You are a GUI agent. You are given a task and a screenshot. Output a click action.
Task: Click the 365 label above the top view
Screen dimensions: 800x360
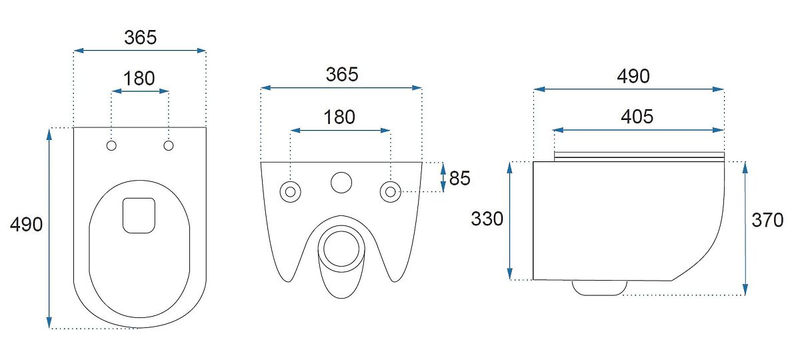click(x=141, y=37)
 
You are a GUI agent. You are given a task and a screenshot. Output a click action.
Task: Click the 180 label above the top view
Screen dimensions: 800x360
click(x=139, y=79)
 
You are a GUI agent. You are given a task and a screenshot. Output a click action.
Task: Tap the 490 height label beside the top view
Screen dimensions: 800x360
click(x=27, y=225)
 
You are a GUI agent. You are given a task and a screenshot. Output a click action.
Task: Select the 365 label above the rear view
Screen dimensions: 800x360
click(x=342, y=75)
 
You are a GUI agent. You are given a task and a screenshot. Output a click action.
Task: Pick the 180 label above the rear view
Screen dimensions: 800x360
click(x=339, y=117)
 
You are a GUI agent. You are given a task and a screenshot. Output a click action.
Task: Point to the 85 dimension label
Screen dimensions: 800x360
click(x=459, y=178)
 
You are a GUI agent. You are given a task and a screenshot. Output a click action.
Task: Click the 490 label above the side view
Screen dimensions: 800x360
click(x=633, y=76)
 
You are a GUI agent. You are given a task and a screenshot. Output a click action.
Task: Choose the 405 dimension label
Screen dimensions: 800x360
click(x=637, y=117)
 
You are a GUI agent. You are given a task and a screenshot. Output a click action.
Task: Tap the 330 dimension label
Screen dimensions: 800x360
click(x=487, y=219)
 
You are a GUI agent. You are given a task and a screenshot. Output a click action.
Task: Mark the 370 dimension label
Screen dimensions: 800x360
click(x=767, y=220)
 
